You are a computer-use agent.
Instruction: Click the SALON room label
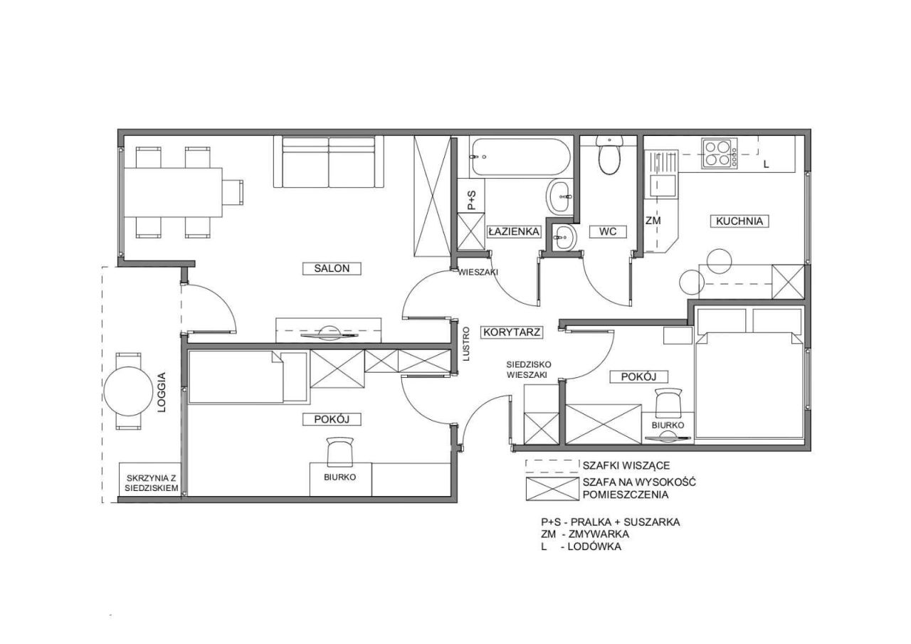332,268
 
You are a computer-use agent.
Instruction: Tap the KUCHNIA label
739,221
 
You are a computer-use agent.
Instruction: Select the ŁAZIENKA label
514,232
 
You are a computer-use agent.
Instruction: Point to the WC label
608,232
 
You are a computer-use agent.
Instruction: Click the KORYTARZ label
512,332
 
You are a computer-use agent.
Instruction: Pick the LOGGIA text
162,392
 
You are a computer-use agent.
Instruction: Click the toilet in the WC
609,155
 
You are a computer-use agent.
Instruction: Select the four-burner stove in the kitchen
719,154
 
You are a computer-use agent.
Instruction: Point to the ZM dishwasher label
653,221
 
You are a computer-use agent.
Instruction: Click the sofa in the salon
329,162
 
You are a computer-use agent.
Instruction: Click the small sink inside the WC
564,237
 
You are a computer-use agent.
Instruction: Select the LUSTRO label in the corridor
466,344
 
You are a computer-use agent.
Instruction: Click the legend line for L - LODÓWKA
581,547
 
